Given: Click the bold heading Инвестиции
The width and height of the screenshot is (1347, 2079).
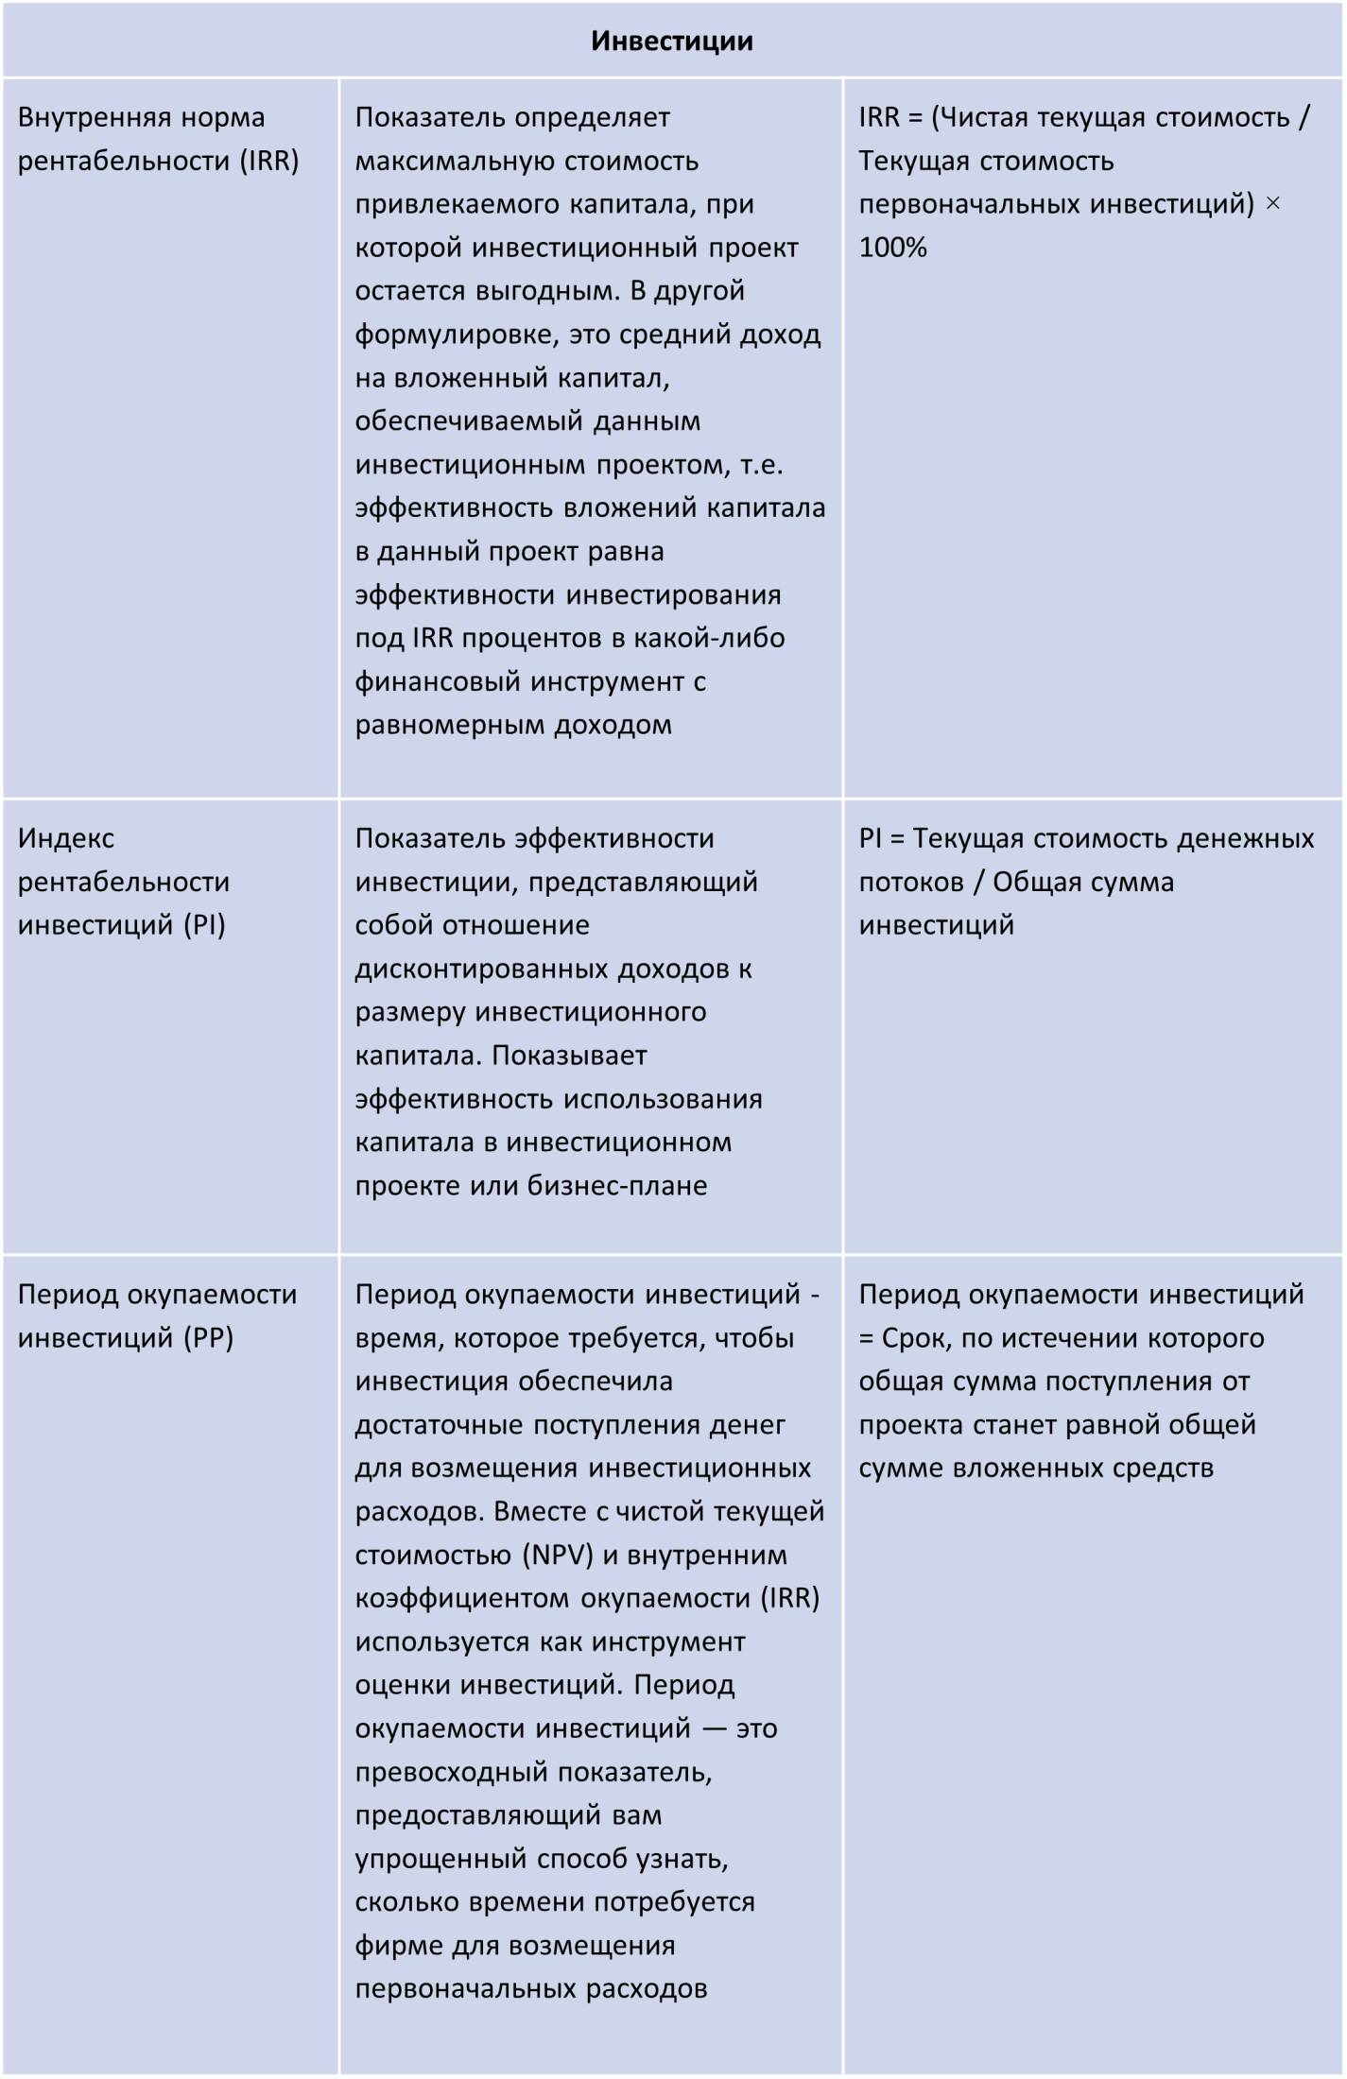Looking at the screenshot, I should [x=672, y=42].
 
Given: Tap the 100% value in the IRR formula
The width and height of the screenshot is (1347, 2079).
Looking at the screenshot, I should [x=892, y=248].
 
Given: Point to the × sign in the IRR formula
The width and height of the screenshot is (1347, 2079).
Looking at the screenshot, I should [x=1272, y=204].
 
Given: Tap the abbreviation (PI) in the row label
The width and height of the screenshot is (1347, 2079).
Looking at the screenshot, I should [x=205, y=924].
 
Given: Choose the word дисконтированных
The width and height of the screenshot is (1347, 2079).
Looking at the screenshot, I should [x=481, y=969].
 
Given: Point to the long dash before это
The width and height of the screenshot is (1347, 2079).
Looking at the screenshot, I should [x=713, y=1728].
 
